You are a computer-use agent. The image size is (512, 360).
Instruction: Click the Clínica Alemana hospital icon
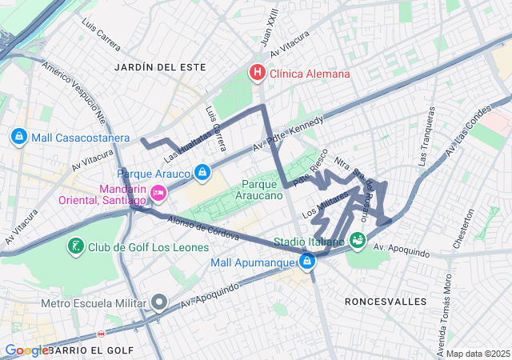pos(257,74)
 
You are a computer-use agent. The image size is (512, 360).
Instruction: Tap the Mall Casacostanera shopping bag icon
pos(19,138)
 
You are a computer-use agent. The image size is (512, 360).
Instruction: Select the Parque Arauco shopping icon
pos(202,173)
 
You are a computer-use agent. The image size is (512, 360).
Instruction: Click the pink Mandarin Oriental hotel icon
pos(158,192)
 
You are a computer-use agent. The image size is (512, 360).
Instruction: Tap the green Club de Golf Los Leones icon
pos(75,246)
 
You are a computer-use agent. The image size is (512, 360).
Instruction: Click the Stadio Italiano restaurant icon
pos(357,239)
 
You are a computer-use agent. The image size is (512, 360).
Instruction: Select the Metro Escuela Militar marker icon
pos(159,303)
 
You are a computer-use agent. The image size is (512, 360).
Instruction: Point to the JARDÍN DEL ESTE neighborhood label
pos(155,66)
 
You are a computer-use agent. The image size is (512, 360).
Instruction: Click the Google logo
pos(26,350)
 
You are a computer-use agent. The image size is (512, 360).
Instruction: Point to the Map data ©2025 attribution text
pos(477,354)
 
